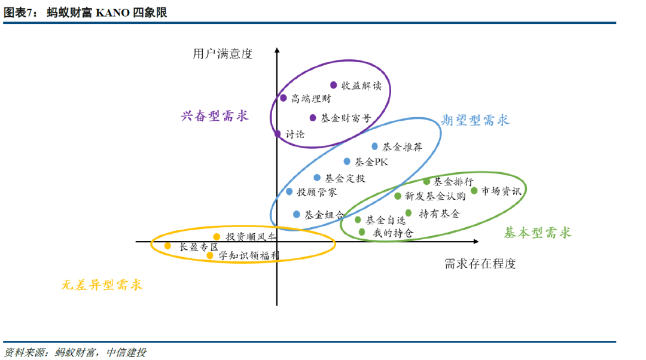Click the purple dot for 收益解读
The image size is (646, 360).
[334, 85]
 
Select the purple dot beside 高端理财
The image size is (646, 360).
[284, 98]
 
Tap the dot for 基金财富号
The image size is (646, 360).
[312, 118]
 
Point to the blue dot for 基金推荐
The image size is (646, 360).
[375, 146]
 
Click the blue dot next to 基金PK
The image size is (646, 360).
[347, 161]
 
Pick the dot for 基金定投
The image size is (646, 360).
[317, 178]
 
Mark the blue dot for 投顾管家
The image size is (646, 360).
[290, 192]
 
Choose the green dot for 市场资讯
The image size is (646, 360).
[474, 191]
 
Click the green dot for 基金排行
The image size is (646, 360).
[426, 181]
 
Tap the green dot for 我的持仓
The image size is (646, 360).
[362, 232]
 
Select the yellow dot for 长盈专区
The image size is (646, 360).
[167, 246]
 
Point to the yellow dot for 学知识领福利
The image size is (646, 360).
[210, 255]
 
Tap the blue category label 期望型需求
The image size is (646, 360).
[475, 120]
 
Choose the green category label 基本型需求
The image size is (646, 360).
[537, 233]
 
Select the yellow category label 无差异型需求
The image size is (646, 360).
[102, 285]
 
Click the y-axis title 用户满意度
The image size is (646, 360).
[223, 54]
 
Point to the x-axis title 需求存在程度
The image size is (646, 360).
[480, 263]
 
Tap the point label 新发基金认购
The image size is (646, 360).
[435, 196]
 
